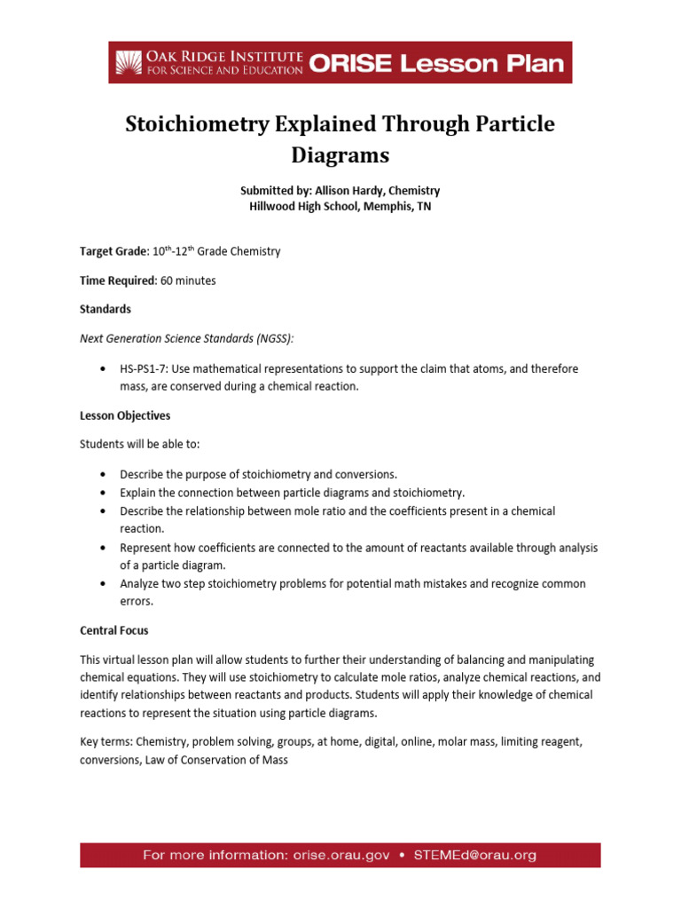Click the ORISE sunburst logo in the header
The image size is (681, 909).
[x=129, y=62]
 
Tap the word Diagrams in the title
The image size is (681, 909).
[x=340, y=155]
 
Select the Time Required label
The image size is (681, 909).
[x=117, y=281]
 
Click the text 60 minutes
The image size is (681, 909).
[x=188, y=281]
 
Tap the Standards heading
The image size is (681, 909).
[x=106, y=309]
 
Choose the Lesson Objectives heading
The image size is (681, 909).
[x=125, y=415]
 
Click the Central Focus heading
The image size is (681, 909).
[x=114, y=630]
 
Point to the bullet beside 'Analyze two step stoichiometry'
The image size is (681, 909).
[x=104, y=584]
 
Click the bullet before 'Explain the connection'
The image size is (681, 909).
[x=104, y=493]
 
